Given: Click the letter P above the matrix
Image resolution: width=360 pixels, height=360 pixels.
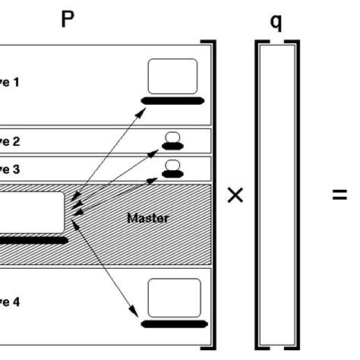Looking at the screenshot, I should pos(68,20).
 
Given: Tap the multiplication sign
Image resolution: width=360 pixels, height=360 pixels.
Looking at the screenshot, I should pos(235,196).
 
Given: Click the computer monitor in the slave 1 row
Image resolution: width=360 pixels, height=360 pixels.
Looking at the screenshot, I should pos(172,76).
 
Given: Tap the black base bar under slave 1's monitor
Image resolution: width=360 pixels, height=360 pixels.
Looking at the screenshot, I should pos(172,100).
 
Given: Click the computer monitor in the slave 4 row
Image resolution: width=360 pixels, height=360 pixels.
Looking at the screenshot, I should pos(174,298).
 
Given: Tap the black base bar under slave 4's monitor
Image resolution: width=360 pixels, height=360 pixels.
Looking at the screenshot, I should pos(174,324).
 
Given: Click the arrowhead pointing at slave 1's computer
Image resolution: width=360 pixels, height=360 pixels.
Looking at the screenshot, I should pos(144,111).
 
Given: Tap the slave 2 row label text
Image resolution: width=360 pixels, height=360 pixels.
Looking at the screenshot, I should pos(9,141).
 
